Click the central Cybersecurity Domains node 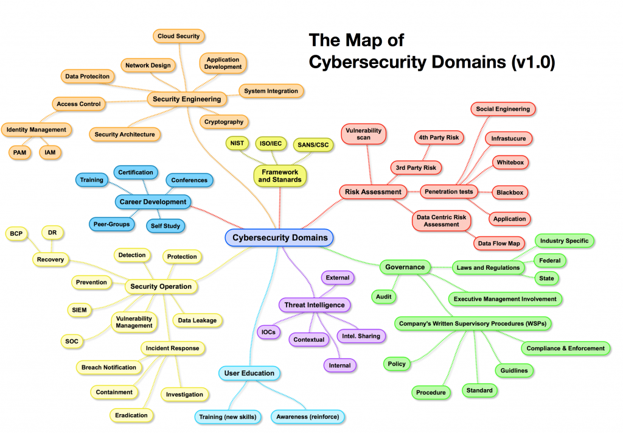[280, 238]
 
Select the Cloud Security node [178, 37]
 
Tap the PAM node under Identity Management [21, 152]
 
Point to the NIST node [236, 143]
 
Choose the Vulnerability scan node [364, 134]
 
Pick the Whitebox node [510, 163]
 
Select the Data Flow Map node [499, 244]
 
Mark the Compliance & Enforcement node [566, 348]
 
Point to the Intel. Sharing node [361, 336]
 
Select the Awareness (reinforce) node [308, 417]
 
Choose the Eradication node [131, 415]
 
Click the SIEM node [79, 310]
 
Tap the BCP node [16, 233]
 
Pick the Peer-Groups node [112, 224]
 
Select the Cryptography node [224, 122]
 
